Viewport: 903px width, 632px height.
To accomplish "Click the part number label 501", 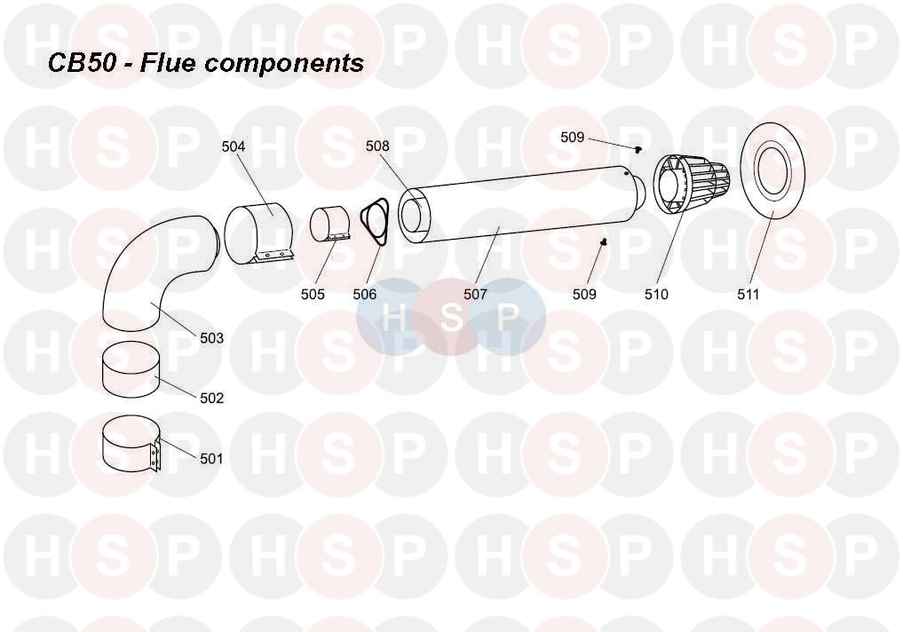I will point(211,459).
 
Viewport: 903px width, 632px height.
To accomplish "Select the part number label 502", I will point(211,399).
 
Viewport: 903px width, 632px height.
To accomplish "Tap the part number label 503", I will point(211,338).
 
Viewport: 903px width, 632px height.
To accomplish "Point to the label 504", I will point(234,146).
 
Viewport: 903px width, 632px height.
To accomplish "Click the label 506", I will point(364,294).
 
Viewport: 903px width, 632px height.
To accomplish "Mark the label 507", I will point(475,294).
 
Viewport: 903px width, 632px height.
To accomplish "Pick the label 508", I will point(378,146).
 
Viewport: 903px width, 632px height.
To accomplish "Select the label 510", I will point(656,294).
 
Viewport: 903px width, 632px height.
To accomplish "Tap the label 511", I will point(749,294).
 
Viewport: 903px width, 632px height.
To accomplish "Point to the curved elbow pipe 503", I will point(142,266).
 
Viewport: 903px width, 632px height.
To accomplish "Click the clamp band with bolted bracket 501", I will point(129,444).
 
